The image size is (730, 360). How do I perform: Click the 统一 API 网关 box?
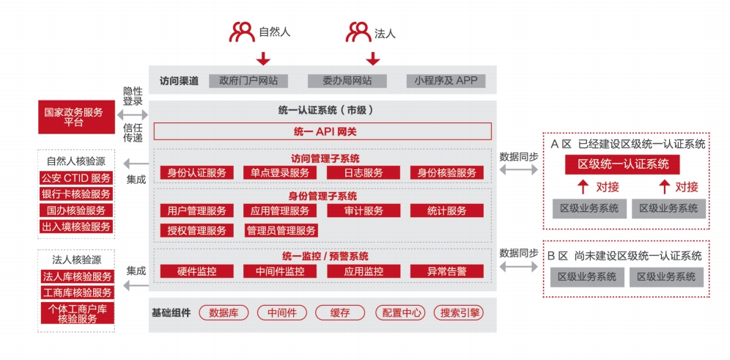[x=322, y=132]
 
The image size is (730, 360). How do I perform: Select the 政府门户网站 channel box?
[x=248, y=81]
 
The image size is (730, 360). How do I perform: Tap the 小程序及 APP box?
[x=445, y=81]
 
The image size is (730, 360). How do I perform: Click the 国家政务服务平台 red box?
[x=73, y=117]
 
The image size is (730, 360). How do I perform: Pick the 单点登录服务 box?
[x=280, y=173]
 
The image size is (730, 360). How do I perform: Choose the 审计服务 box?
[x=364, y=211]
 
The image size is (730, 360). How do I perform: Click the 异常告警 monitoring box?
[x=446, y=271]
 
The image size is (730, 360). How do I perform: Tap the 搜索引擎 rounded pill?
[x=458, y=312]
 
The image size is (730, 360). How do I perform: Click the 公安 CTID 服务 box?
[x=75, y=178]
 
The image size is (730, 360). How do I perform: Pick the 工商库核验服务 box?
[x=77, y=293]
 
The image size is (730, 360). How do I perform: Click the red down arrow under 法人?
[x=372, y=59]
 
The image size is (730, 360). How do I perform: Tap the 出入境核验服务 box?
[x=75, y=227]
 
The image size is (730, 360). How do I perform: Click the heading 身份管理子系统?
[x=322, y=196]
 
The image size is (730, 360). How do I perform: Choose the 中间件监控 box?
[x=280, y=271]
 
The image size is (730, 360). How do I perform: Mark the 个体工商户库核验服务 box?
[x=77, y=313]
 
